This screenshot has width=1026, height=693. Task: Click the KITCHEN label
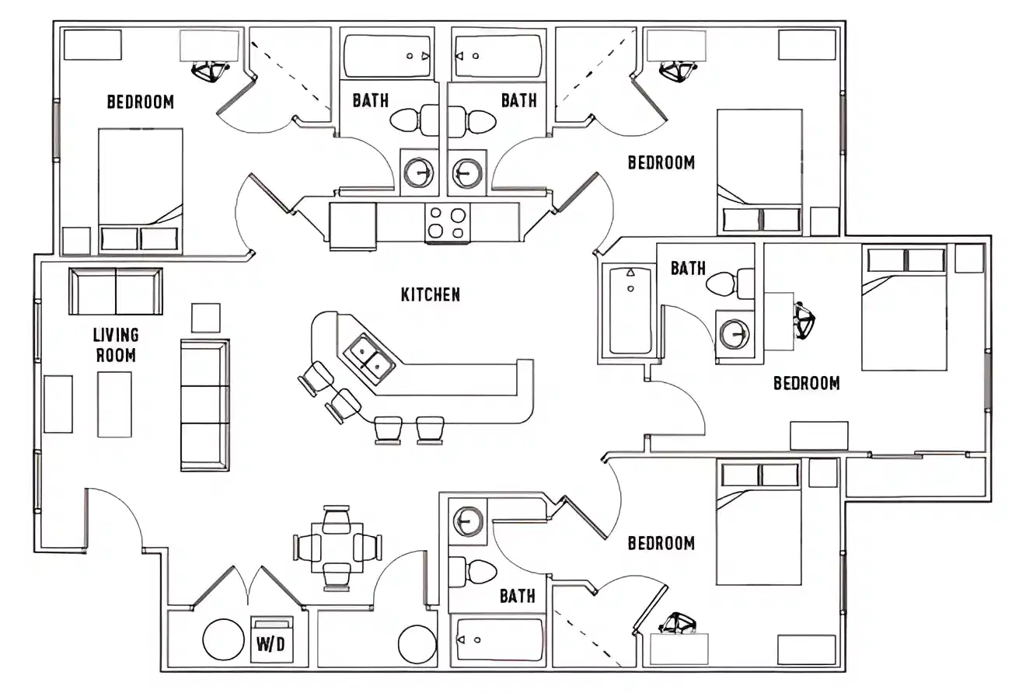[x=430, y=294]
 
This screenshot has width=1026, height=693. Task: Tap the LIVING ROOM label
[x=116, y=345]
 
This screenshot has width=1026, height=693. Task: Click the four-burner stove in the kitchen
[x=447, y=222]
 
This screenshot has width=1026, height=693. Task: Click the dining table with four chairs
[x=337, y=547]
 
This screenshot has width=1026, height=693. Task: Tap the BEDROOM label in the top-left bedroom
[x=140, y=102]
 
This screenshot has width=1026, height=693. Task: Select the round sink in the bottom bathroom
[x=469, y=521]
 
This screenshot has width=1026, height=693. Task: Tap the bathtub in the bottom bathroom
[x=499, y=640]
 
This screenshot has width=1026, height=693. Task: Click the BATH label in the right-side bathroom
[x=688, y=268]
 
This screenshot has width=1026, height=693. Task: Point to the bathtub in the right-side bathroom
[x=630, y=311]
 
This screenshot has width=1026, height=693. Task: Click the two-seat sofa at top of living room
[x=116, y=291]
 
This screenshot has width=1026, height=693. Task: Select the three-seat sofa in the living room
[x=204, y=405]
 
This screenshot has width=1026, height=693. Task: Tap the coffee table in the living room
[x=114, y=404]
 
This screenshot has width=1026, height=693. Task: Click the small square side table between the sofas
[x=206, y=318]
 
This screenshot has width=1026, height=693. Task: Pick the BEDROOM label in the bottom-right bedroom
[x=661, y=542]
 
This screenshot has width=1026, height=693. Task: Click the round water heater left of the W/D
[x=224, y=639]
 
